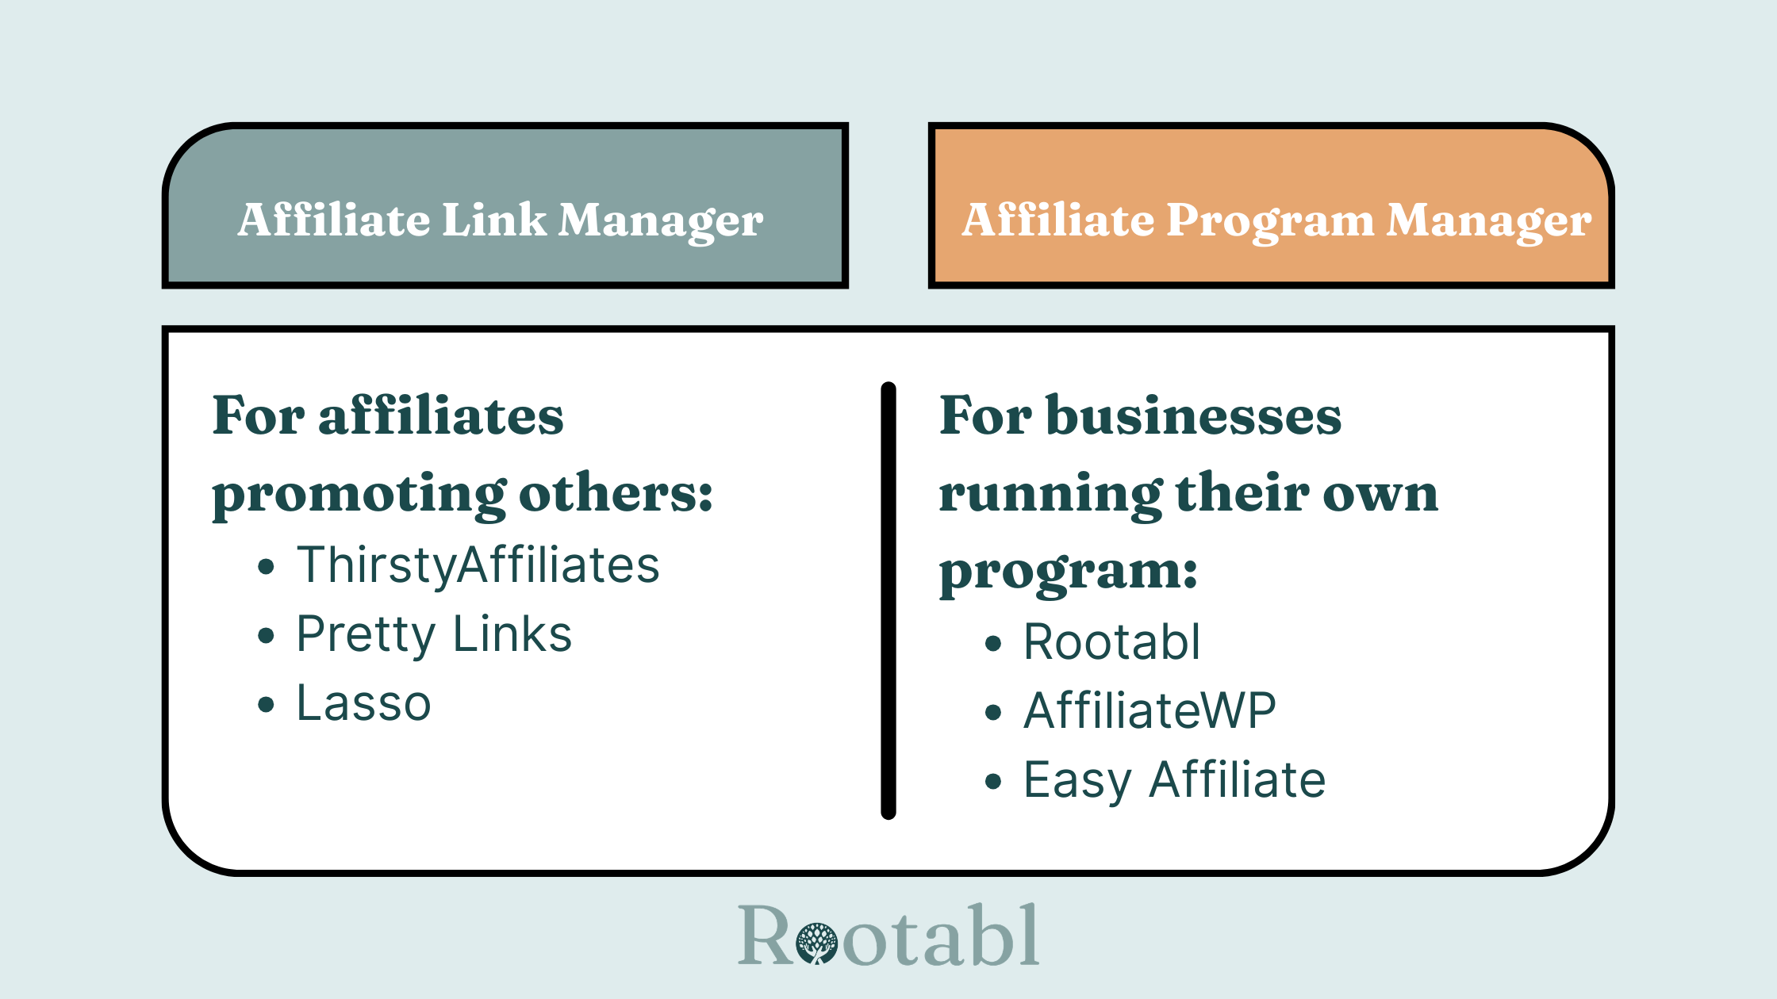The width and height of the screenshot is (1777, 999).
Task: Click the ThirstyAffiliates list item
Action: coord(478,565)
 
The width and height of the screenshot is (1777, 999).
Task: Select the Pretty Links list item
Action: coord(434,634)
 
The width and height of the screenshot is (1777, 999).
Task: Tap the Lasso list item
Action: coord(363,703)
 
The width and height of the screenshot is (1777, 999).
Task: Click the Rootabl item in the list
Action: coord(1111,641)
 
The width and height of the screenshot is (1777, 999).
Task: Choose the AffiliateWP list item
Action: coord(1149,710)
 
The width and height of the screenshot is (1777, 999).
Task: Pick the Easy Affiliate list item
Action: coord(1174,780)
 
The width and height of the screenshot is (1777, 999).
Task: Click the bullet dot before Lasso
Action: coord(266,704)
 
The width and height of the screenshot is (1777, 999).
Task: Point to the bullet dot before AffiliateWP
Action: coord(993,712)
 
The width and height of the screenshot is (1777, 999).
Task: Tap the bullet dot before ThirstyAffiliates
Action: coord(266,566)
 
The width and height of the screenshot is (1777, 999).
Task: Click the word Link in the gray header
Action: coord(493,220)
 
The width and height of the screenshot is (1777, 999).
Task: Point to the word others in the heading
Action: coord(616,493)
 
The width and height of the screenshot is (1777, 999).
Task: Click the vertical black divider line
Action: coord(888,600)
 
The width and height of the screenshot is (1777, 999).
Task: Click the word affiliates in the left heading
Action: coord(441,415)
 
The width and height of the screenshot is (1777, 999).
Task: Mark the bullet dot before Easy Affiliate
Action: coord(993,782)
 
